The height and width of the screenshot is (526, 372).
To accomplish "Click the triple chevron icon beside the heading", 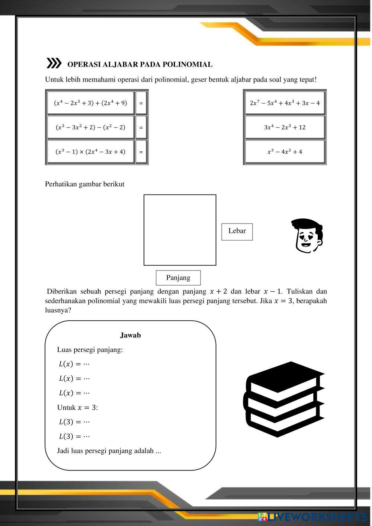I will [54, 64].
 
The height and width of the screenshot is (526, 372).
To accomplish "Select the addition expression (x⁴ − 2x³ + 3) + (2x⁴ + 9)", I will [90, 103].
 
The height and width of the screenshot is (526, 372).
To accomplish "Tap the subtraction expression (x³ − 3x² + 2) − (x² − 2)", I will [90, 127].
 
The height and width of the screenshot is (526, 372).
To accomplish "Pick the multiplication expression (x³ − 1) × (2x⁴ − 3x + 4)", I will [90, 152].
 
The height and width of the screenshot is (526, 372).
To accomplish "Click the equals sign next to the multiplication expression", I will [141, 152].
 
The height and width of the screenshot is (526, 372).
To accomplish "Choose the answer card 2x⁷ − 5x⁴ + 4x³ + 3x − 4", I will [285, 103].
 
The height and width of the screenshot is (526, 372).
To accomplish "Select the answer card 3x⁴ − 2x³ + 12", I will [285, 127].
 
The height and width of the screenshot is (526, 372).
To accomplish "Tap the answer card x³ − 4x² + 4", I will [285, 152].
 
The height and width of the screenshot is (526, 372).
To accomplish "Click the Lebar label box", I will [237, 231].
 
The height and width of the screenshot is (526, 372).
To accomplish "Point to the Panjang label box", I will [178, 278].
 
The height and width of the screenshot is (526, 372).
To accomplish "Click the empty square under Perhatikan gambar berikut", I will [180, 230].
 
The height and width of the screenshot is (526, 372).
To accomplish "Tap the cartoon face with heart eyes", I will [307, 236].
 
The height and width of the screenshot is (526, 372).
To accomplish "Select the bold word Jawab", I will [130, 335].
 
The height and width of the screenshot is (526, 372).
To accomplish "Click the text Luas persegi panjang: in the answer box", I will [90, 350].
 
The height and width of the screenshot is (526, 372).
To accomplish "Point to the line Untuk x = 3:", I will [77, 407].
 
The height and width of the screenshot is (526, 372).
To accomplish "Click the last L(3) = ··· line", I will [74, 436].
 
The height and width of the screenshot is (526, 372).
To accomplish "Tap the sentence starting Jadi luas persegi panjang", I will [109, 451].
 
